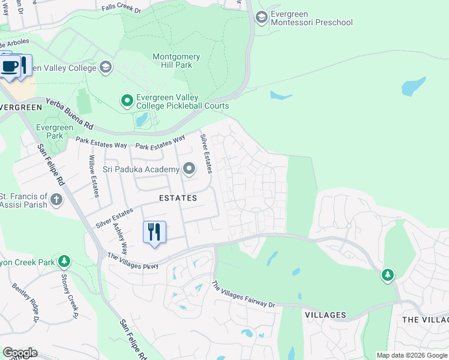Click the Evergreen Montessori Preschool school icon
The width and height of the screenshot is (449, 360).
(x=261, y=16)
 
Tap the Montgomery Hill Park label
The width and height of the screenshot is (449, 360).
(x=176, y=61)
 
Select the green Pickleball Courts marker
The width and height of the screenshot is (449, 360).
(x=127, y=101)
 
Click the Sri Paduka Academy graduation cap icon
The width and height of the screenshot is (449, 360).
(x=189, y=169)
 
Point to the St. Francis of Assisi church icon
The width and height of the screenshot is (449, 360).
(x=56, y=200)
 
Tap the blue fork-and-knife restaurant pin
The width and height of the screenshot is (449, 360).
(x=154, y=232)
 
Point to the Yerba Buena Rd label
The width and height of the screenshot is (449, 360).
(x=70, y=114)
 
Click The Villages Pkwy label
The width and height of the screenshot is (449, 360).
(x=133, y=261)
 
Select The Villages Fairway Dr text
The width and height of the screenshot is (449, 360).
(x=243, y=295)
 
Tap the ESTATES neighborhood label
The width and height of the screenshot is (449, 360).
(x=178, y=197)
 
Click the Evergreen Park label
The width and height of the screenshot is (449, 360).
(x=54, y=131)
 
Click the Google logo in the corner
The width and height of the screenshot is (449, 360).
(x=20, y=352)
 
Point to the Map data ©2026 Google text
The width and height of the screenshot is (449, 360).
(x=411, y=355)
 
